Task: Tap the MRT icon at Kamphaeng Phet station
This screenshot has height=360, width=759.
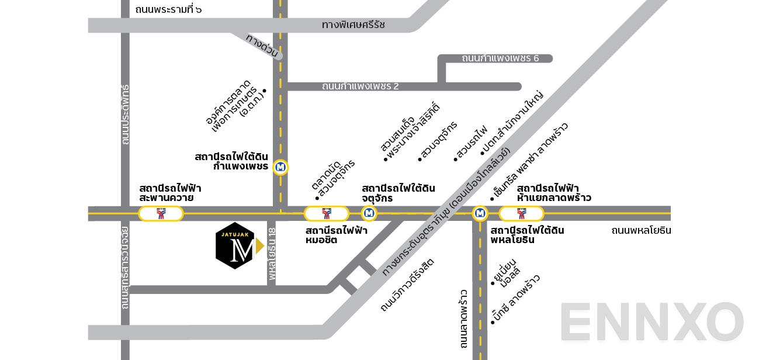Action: pyautogui.click(x=281, y=167)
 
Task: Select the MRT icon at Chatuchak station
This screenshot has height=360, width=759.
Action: pyautogui.click(x=368, y=213)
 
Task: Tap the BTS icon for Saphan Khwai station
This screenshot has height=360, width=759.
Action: pyautogui.click(x=161, y=214)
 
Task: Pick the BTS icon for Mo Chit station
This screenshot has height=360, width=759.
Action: pyautogui.click(x=327, y=214)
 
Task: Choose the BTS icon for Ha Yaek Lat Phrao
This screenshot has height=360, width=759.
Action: pyautogui.click(x=521, y=214)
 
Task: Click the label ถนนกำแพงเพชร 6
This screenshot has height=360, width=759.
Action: pyautogui.click(x=500, y=58)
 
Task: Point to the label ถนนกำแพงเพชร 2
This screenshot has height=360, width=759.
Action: pyautogui.click(x=360, y=86)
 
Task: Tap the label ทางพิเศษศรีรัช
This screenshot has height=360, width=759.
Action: pyautogui.click(x=353, y=25)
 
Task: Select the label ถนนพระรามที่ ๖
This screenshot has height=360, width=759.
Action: pyautogui.click(x=168, y=9)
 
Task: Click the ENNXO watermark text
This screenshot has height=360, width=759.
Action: pyautogui.click(x=651, y=322)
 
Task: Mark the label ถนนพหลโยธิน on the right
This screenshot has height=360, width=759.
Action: pyautogui.click(x=641, y=230)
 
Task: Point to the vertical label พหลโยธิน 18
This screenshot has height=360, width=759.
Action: pyautogui.click(x=272, y=253)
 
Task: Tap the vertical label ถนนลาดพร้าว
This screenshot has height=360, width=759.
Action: pyautogui.click(x=464, y=319)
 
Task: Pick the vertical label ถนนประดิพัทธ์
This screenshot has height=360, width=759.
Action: pyautogui.click(x=125, y=115)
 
